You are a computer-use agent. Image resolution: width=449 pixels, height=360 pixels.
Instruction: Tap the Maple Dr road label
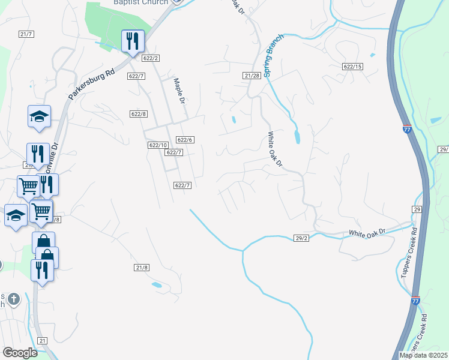(178, 91)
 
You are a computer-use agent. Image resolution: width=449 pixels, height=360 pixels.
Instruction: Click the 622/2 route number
(151, 58)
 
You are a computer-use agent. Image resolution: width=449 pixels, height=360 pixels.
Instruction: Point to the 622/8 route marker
(138, 113)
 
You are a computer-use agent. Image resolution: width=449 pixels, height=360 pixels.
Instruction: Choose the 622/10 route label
(157, 145)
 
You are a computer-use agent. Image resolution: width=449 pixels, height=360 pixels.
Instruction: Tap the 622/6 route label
(185, 140)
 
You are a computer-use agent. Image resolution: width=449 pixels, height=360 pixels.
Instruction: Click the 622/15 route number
(353, 66)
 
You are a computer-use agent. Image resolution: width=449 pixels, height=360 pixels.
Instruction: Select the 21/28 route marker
(252, 75)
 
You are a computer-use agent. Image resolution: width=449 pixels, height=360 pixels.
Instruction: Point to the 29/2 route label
(301, 238)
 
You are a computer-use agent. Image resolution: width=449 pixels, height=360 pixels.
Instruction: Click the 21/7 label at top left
(25, 34)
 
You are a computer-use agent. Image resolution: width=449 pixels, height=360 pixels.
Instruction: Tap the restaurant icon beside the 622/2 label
(131, 41)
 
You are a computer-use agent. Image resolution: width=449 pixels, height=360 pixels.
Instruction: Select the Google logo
(20, 353)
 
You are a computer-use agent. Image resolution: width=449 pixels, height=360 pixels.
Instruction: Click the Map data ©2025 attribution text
(423, 355)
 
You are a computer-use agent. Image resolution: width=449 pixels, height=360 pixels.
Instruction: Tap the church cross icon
(14, 298)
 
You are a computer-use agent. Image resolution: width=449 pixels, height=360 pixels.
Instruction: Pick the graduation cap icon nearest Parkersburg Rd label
(39, 116)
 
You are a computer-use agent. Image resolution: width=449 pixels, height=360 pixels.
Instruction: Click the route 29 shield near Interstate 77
(417, 209)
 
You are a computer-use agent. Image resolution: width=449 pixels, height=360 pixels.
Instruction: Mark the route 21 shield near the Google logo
(42, 340)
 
